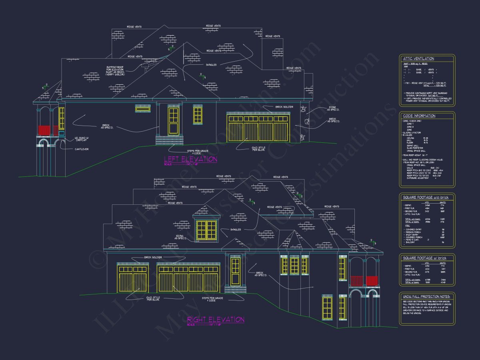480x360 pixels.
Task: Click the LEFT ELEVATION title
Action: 190,159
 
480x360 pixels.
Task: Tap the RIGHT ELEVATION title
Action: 216,320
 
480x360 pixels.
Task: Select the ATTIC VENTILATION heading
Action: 418,59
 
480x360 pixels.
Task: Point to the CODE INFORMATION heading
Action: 419,116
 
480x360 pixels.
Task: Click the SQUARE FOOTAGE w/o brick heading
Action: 426,198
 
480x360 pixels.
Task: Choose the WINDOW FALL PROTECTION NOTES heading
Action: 427,296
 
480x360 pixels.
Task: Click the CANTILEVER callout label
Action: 81,149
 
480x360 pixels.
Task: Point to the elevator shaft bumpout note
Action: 116,70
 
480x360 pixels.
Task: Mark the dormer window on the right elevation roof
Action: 206,230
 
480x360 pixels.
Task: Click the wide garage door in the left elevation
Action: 258,128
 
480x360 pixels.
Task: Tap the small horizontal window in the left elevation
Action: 143,108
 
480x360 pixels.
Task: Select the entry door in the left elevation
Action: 173,120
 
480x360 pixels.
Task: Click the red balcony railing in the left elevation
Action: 44,130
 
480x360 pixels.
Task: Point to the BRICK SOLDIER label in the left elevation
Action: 284,107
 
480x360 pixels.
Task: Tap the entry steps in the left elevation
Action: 169,141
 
